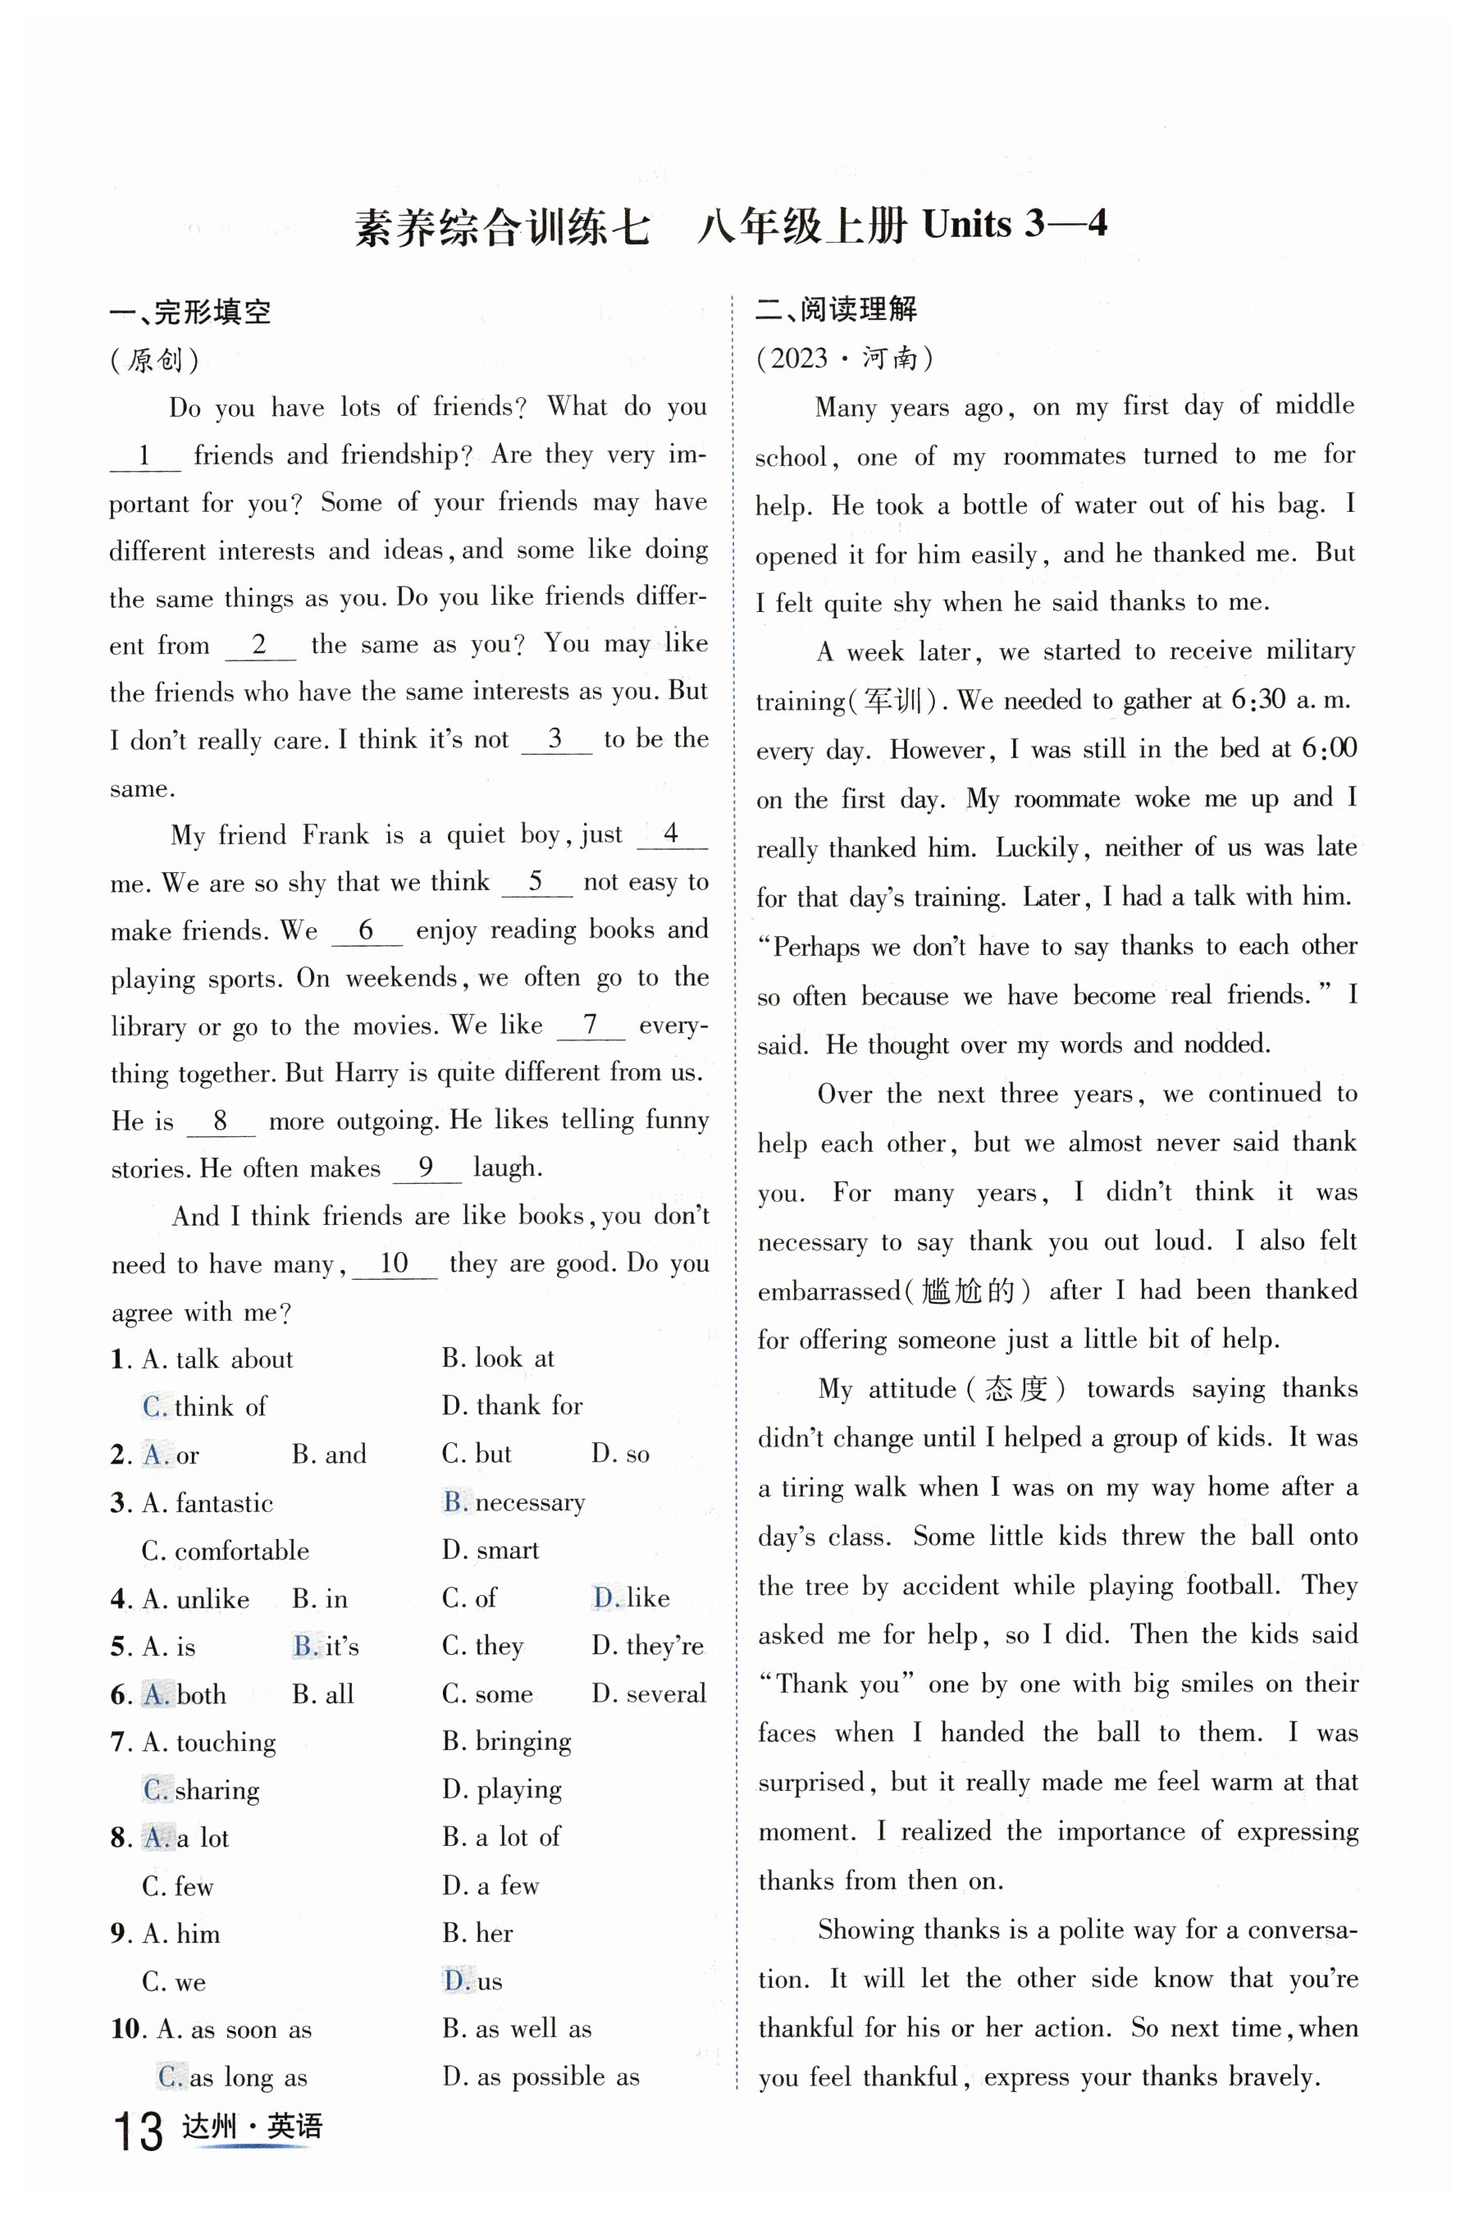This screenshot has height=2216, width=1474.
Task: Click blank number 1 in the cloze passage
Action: (x=144, y=456)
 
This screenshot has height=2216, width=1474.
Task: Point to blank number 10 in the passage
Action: (x=394, y=1263)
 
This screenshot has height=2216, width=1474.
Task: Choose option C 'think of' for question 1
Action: (x=205, y=1406)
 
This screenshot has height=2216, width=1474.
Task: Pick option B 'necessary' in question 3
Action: (x=513, y=1502)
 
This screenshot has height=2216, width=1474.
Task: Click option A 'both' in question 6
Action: (x=185, y=1694)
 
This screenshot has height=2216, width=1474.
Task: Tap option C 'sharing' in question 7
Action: (x=201, y=1790)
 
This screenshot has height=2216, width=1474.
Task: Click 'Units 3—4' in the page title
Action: (x=1015, y=225)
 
